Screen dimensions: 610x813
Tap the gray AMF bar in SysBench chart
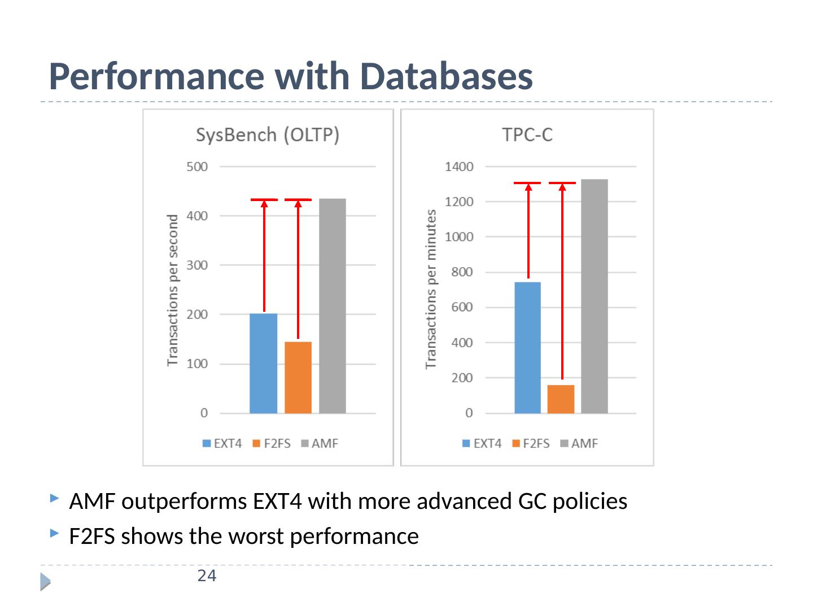click(x=333, y=306)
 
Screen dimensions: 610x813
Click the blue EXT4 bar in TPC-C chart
click(x=528, y=347)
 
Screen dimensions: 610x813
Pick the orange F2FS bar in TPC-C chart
click(x=561, y=399)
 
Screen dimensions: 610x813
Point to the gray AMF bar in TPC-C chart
click(x=595, y=296)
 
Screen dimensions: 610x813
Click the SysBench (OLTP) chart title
click(x=268, y=136)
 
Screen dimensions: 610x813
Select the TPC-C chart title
click(x=527, y=136)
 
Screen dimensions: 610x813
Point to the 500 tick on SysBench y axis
click(x=198, y=167)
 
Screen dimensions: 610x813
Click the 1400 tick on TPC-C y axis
click(x=460, y=167)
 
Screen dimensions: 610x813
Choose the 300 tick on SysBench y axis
click(x=198, y=265)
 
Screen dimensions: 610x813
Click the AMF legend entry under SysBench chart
click(x=325, y=443)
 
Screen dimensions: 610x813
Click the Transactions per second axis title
click(x=173, y=290)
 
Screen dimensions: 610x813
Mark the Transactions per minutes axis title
click(x=431, y=289)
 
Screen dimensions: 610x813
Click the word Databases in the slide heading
click(x=447, y=77)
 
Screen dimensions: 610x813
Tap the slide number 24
click(x=207, y=577)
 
